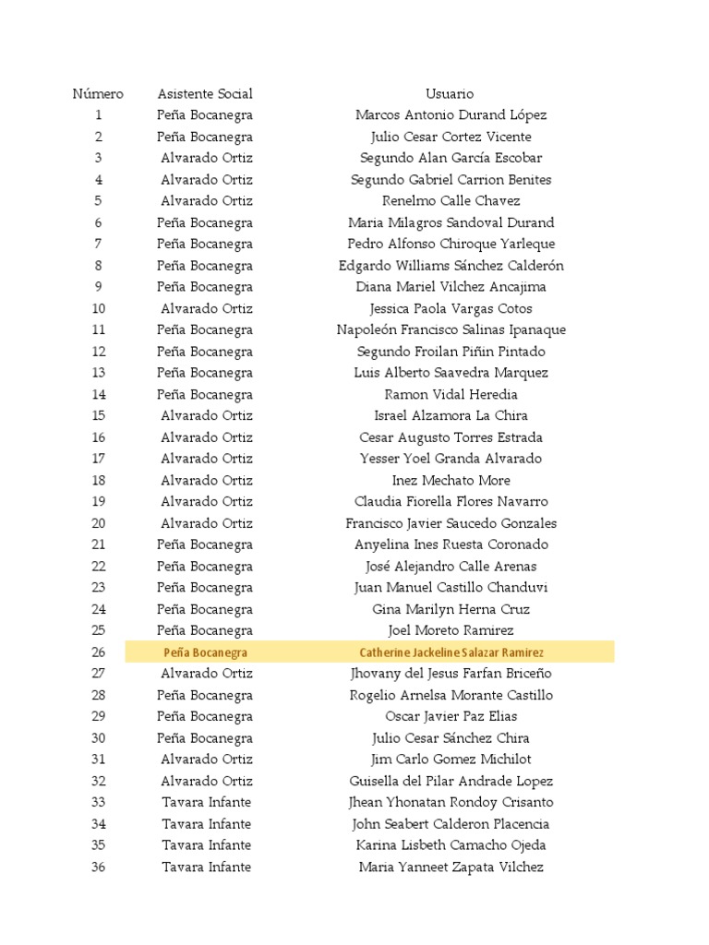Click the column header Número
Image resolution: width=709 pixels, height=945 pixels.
[x=98, y=94]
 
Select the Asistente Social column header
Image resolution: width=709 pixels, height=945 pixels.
[x=205, y=94]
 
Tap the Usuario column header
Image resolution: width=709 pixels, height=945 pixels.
[x=450, y=94]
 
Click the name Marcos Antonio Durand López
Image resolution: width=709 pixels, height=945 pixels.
[x=451, y=115]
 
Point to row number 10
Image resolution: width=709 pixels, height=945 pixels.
[x=98, y=309]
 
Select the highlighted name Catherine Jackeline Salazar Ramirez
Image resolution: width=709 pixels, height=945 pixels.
[x=451, y=652]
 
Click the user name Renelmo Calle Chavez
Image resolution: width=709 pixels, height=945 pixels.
[x=451, y=201]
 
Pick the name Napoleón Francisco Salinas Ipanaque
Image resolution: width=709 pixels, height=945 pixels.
[x=451, y=330]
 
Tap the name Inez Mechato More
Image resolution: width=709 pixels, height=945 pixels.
[x=451, y=481]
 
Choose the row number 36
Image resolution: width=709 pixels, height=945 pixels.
[x=98, y=867]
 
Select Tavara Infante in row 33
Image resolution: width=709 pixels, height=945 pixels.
[x=206, y=803]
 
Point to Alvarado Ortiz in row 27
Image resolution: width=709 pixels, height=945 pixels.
[x=206, y=674]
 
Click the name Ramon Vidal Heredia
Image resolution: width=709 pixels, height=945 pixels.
[x=451, y=395]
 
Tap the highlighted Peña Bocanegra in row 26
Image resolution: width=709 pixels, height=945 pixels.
[x=205, y=652]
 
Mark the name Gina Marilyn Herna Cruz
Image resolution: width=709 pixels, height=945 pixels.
[x=451, y=609]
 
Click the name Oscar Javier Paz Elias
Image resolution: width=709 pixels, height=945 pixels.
[x=451, y=717]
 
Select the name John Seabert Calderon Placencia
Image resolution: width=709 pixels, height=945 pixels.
[x=451, y=824]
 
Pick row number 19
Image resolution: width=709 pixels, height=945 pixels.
[x=98, y=502]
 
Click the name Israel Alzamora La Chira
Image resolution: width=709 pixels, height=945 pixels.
[x=451, y=416]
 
